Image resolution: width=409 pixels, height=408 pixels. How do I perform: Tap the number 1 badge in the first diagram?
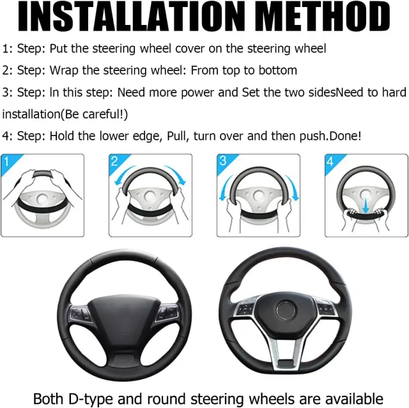(x=6, y=162)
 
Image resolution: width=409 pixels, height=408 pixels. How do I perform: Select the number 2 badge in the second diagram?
(x=114, y=161)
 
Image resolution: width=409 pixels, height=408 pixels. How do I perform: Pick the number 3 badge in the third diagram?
(x=223, y=161)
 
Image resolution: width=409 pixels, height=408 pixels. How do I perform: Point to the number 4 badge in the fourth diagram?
(x=330, y=161)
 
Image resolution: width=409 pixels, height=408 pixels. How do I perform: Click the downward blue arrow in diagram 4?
(x=366, y=205)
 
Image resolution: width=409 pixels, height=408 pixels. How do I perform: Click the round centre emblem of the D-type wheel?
(x=286, y=311)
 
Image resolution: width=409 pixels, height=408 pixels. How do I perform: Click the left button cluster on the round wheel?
(x=80, y=314)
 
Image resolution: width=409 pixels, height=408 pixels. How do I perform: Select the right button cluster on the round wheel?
(x=167, y=312)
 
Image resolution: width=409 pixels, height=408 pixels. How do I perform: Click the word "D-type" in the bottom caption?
(x=91, y=399)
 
